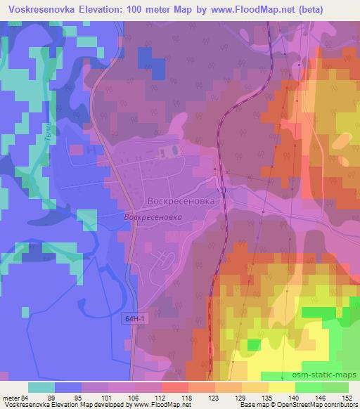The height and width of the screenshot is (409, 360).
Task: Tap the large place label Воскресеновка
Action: click(181, 200)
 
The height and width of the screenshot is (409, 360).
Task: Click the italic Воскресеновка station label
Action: click(153, 218)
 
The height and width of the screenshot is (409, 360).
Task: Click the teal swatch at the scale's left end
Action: click(41, 387)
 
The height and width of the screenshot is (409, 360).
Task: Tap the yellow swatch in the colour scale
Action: click(283, 387)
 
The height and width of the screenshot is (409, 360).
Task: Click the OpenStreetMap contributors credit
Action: click(317, 405)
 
